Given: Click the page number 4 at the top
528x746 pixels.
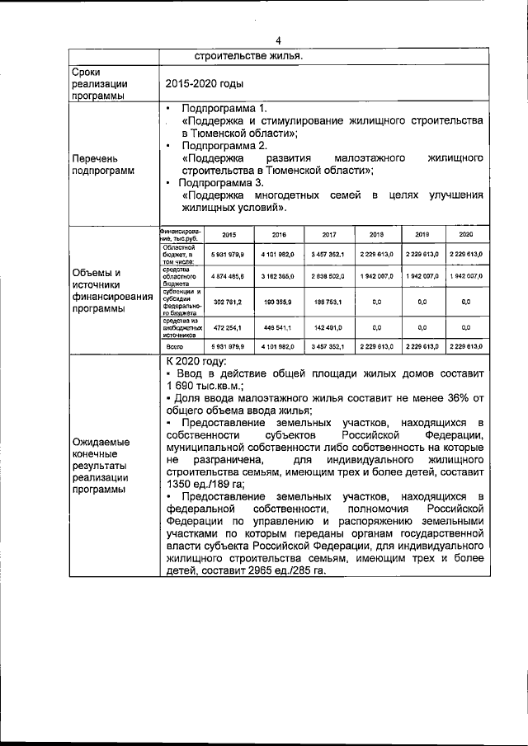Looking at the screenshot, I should point(278,40).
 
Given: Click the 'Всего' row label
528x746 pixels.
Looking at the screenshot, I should point(173,347).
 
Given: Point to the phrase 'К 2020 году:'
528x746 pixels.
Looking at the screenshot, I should point(199,361).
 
